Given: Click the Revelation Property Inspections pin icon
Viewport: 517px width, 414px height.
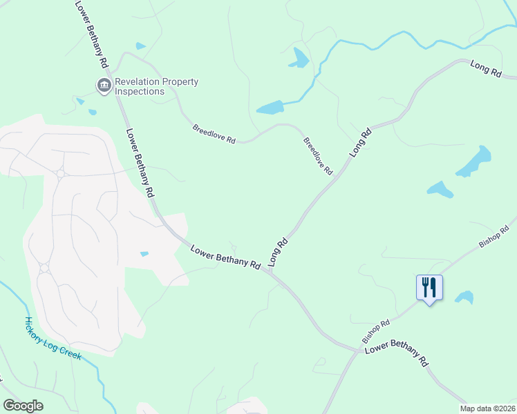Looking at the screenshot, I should (104, 86).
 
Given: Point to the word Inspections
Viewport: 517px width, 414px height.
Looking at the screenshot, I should (140, 91).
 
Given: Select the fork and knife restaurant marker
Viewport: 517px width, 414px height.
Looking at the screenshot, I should (429, 287).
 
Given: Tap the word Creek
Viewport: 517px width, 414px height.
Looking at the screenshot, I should (72, 355).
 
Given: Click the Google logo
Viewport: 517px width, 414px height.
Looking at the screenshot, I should (23, 406).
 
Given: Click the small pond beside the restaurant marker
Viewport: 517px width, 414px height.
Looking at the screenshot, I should (464, 297).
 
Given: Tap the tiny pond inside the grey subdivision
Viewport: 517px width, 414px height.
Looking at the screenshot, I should (144, 254).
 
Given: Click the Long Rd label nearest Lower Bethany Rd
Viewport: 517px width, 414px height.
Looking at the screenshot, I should (277, 253).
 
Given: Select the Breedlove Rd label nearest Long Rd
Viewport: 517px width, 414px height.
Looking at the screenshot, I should (318, 155).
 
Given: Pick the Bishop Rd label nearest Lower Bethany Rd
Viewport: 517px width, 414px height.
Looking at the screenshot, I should (377, 332).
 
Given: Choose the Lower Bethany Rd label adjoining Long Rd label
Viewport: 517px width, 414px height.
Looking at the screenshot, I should (225, 257).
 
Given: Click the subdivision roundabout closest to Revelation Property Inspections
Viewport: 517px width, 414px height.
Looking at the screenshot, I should (61, 174).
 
